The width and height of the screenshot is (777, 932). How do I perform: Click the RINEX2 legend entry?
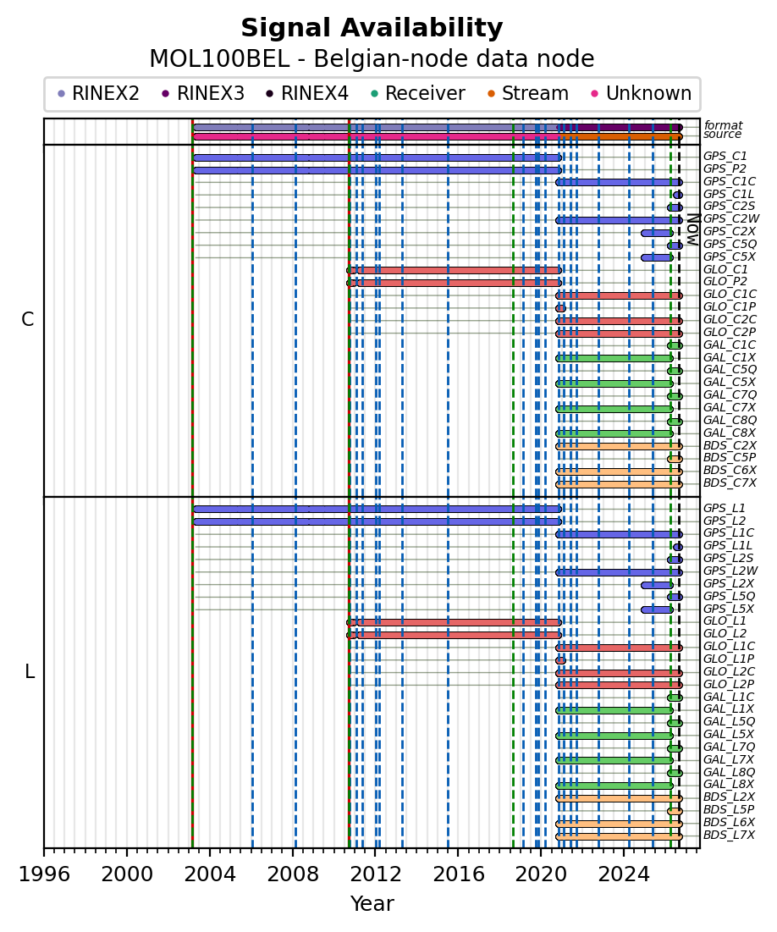[98, 93]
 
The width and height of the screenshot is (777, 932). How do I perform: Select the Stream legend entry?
[528, 93]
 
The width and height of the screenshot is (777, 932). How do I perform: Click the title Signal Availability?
[372, 28]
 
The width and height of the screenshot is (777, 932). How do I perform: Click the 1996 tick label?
[44, 874]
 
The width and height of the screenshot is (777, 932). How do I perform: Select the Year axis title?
[372, 903]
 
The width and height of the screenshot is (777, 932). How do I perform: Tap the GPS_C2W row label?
[731, 218]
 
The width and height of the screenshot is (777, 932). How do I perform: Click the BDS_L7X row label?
[729, 835]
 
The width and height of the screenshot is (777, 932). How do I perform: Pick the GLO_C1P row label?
[730, 306]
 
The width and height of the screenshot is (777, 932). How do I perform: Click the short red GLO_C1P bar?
[560, 308]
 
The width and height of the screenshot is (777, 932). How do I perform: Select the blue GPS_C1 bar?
[377, 158]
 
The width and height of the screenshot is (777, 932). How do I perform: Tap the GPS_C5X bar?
[657, 258]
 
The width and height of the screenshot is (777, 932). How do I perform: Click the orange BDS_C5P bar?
[675, 460]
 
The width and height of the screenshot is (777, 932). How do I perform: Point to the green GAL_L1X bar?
[614, 710]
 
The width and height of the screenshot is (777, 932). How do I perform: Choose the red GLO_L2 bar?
[455, 635]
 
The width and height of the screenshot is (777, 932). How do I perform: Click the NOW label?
[693, 229]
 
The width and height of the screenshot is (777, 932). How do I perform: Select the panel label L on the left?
[29, 672]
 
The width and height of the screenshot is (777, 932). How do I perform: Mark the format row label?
[723, 125]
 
